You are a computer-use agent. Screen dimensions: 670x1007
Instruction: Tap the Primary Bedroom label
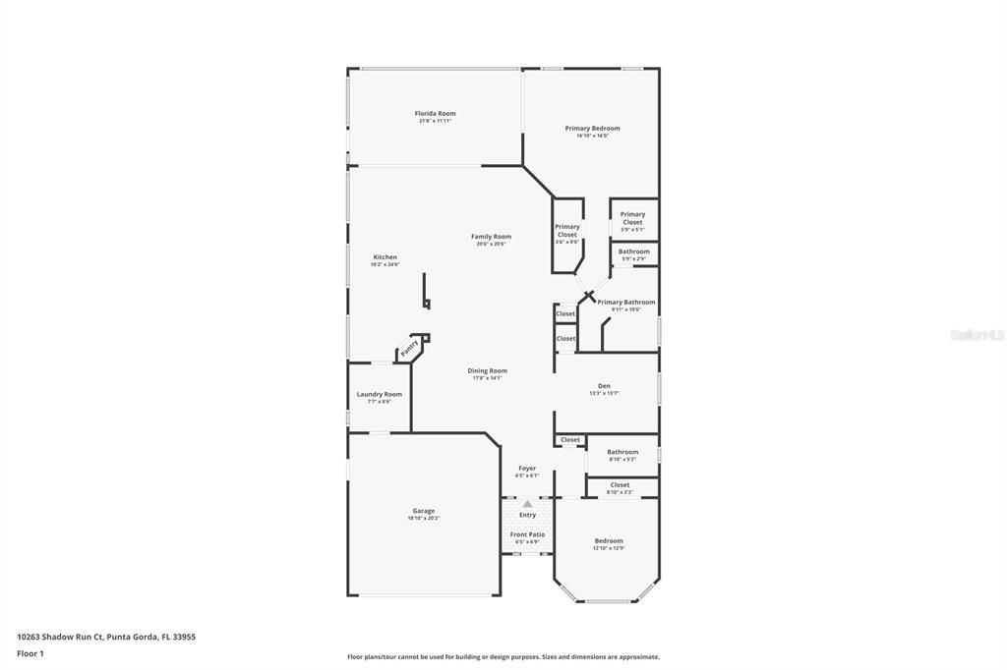coord(592,129)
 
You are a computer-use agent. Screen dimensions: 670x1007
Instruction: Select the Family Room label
coord(491,237)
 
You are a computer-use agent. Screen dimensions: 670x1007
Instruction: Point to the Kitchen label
coord(385,257)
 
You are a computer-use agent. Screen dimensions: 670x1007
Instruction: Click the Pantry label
coord(410,347)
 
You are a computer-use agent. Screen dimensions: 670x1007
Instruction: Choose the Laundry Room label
coord(379,395)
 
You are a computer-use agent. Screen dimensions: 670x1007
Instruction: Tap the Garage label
coord(423,511)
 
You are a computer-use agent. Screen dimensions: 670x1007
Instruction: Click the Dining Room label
coord(487,371)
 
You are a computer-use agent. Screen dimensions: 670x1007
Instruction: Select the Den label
coord(604,386)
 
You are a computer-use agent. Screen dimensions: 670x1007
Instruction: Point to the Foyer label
coord(527,469)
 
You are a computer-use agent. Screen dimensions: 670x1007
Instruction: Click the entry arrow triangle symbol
coord(527,504)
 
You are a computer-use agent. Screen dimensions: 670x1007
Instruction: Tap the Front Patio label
coord(527,534)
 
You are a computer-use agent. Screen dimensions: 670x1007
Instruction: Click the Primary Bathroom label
coord(625,303)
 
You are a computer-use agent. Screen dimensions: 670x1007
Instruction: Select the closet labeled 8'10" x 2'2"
coord(620,485)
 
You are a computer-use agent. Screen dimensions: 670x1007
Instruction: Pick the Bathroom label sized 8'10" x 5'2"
coord(622,452)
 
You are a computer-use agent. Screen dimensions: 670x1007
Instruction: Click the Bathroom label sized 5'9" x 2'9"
coord(633,251)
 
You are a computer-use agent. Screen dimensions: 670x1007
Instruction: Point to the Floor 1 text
coord(30,653)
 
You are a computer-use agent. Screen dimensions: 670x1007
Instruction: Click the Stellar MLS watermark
coord(977,335)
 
